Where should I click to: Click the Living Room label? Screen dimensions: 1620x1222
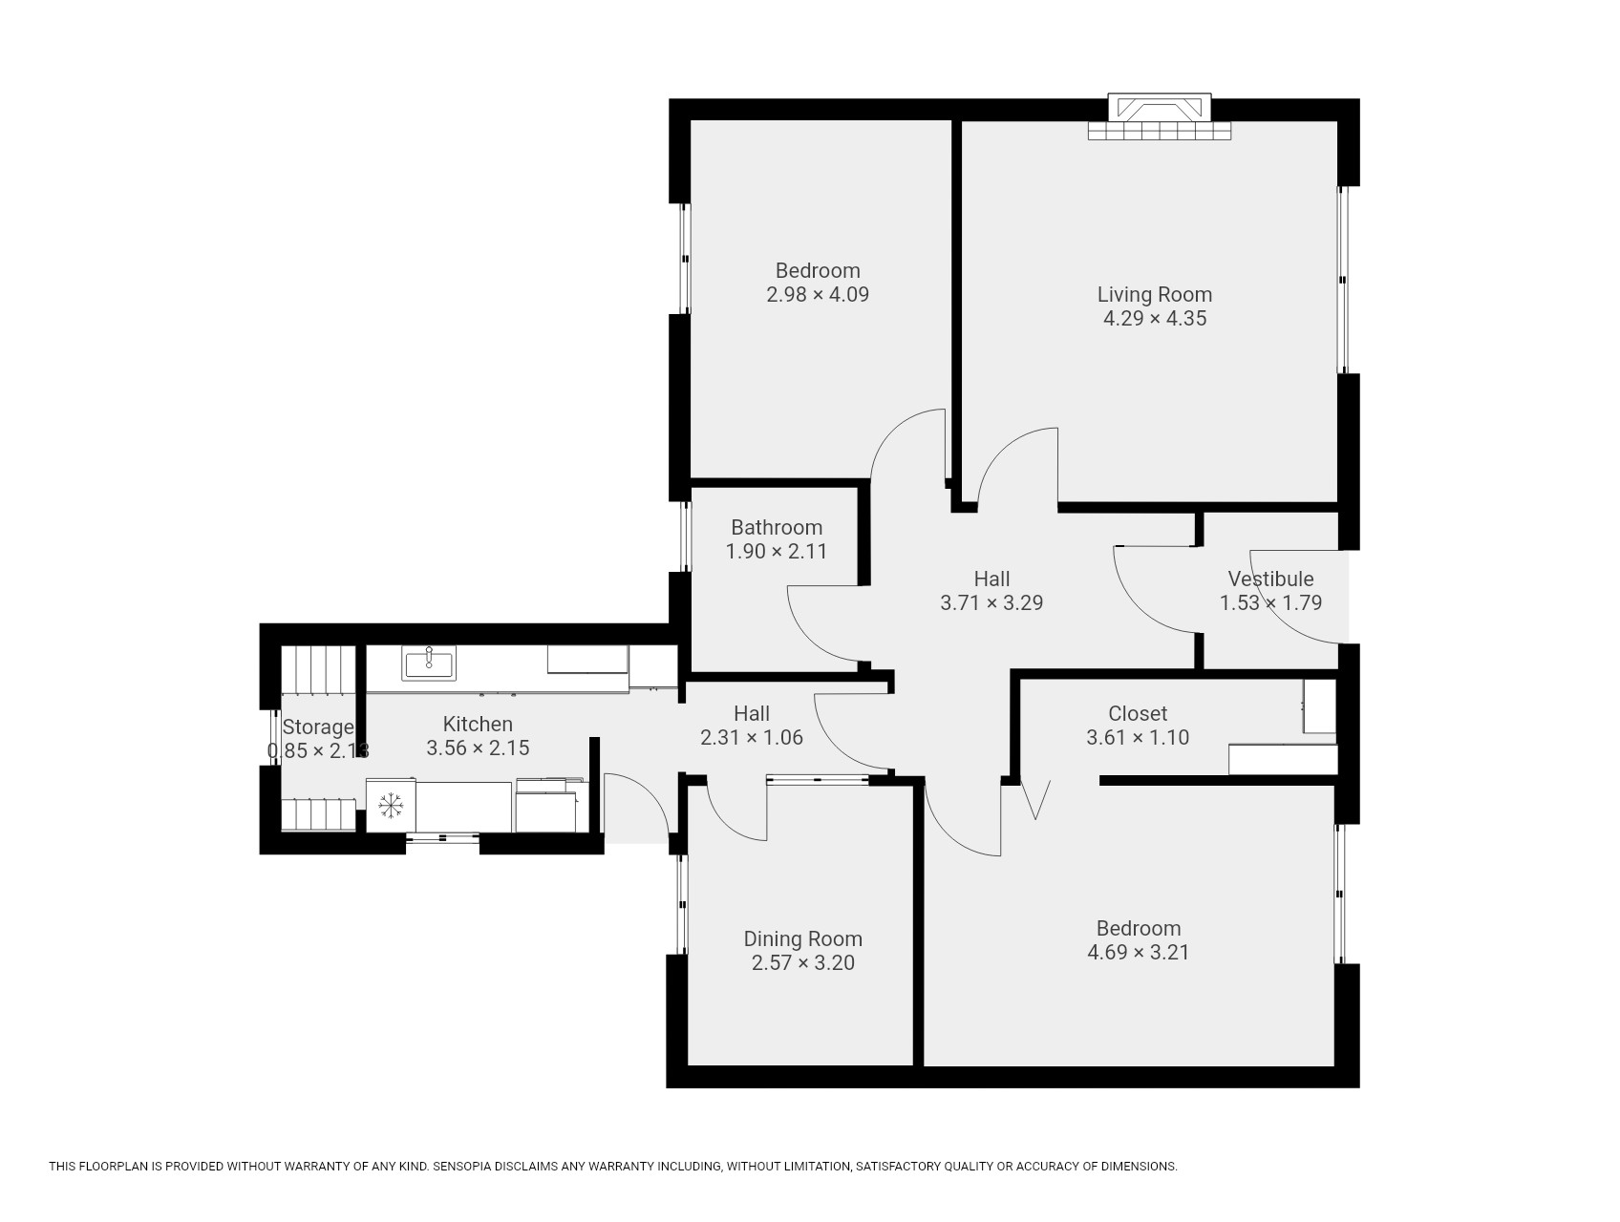pos(1154,294)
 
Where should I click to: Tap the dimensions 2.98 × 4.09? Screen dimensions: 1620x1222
pos(818,294)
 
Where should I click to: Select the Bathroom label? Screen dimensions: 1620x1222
pos(777,527)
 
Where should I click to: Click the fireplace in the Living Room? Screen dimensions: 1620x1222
pos(1159,116)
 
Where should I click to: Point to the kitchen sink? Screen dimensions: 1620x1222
pos(429,663)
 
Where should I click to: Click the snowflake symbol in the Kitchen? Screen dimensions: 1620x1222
pos(391,806)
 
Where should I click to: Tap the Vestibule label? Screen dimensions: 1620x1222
pos(1270,579)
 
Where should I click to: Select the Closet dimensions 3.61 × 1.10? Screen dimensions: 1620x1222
pos(1138,737)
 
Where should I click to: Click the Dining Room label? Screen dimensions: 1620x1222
pos(803,938)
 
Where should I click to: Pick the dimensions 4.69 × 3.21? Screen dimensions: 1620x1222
pos(1139,952)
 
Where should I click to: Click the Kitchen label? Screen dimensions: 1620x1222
pos(478,724)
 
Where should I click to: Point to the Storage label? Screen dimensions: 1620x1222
pos(318,727)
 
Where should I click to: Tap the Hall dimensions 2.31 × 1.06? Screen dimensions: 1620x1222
pos(752,737)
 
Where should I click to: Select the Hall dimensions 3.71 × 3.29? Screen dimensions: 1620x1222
pos(991,602)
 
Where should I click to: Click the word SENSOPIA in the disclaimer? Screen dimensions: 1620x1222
pos(464,1167)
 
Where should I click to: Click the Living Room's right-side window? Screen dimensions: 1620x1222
pos(1342,280)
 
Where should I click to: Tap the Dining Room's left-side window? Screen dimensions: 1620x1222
pos(682,904)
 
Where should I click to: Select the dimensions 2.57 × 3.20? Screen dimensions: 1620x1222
pos(803,962)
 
